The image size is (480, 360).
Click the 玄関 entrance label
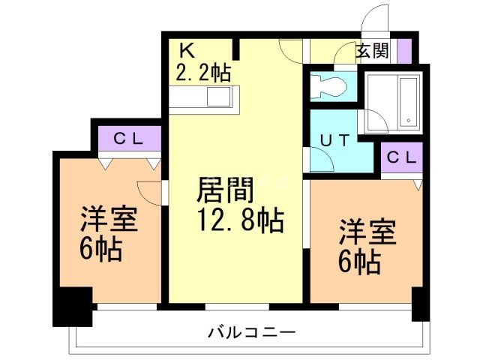[372, 52]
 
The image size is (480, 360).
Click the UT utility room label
[334, 139]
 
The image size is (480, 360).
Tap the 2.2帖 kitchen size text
[203, 73]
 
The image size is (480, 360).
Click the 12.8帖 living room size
[239, 220]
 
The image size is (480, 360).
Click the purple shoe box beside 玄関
[404, 52]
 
